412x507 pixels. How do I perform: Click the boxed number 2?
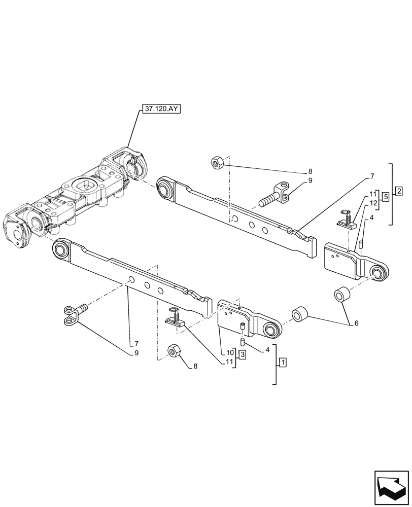pos(399,191)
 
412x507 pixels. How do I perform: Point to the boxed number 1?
pos(282,363)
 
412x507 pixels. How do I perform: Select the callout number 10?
pos(230,351)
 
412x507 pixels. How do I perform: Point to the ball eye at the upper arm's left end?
pos(166,189)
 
